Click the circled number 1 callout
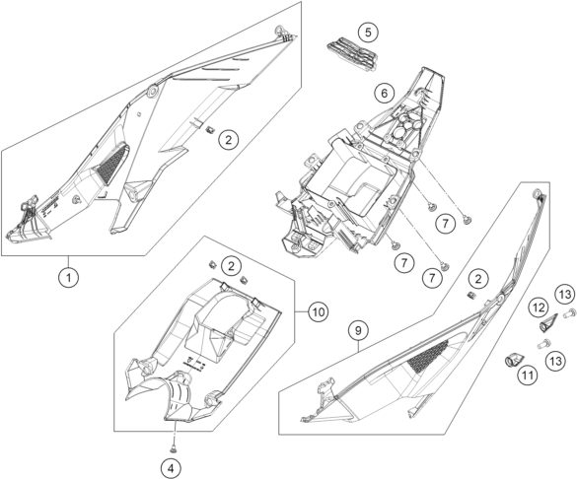(x=69, y=276)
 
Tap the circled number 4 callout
(x=171, y=468)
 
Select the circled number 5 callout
(x=368, y=32)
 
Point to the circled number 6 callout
(x=385, y=94)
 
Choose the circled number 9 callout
(x=358, y=330)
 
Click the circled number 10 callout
(x=319, y=312)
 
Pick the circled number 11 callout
(x=528, y=376)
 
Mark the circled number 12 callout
(x=540, y=308)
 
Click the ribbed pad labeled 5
(x=352, y=56)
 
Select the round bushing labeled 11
(x=512, y=360)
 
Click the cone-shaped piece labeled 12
(x=546, y=324)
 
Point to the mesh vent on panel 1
(x=111, y=164)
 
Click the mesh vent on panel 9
(x=427, y=357)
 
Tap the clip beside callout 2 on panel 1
(x=210, y=130)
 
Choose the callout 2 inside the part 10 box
(x=231, y=266)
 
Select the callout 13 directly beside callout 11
(x=556, y=361)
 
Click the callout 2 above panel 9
(x=477, y=279)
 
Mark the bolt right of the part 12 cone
(x=569, y=313)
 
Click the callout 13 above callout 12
(x=565, y=294)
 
